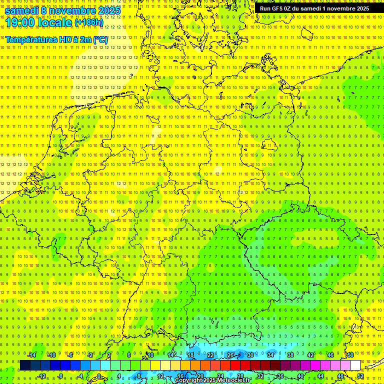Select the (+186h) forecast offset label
(x=89, y=22)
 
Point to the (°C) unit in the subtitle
(x=100, y=39)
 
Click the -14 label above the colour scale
(x=31, y=355)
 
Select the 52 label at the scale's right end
(x=360, y=376)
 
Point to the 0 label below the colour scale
(x=99, y=376)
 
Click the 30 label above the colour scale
(x=250, y=355)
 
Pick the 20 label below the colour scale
(x=200, y=376)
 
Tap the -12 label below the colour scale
(x=41, y=376)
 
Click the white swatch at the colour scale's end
(x=355, y=365)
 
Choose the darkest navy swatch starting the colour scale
(x=25, y=365)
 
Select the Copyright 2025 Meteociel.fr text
(x=212, y=380)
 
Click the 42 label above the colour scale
(x=310, y=355)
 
